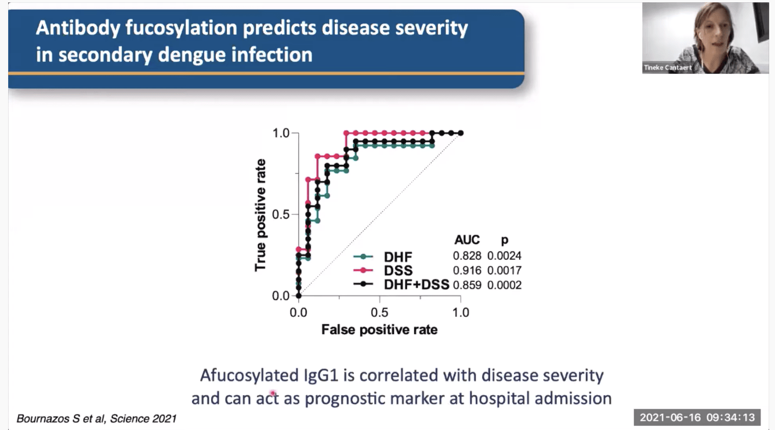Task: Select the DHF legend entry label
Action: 397,256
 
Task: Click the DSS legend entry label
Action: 398,271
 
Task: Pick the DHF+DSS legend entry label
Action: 417,285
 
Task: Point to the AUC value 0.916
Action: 467,271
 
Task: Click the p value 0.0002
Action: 504,285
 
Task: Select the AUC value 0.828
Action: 467,256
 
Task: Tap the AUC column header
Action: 468,239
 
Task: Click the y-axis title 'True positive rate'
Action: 260,215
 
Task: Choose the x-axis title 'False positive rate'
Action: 379,330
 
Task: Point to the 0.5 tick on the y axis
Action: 281,214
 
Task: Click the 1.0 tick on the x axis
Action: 461,312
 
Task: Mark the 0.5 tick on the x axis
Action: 379,312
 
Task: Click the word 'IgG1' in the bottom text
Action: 317,375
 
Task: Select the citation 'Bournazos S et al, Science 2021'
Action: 96,418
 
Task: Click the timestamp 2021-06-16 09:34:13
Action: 697,417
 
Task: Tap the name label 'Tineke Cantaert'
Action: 668,68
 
